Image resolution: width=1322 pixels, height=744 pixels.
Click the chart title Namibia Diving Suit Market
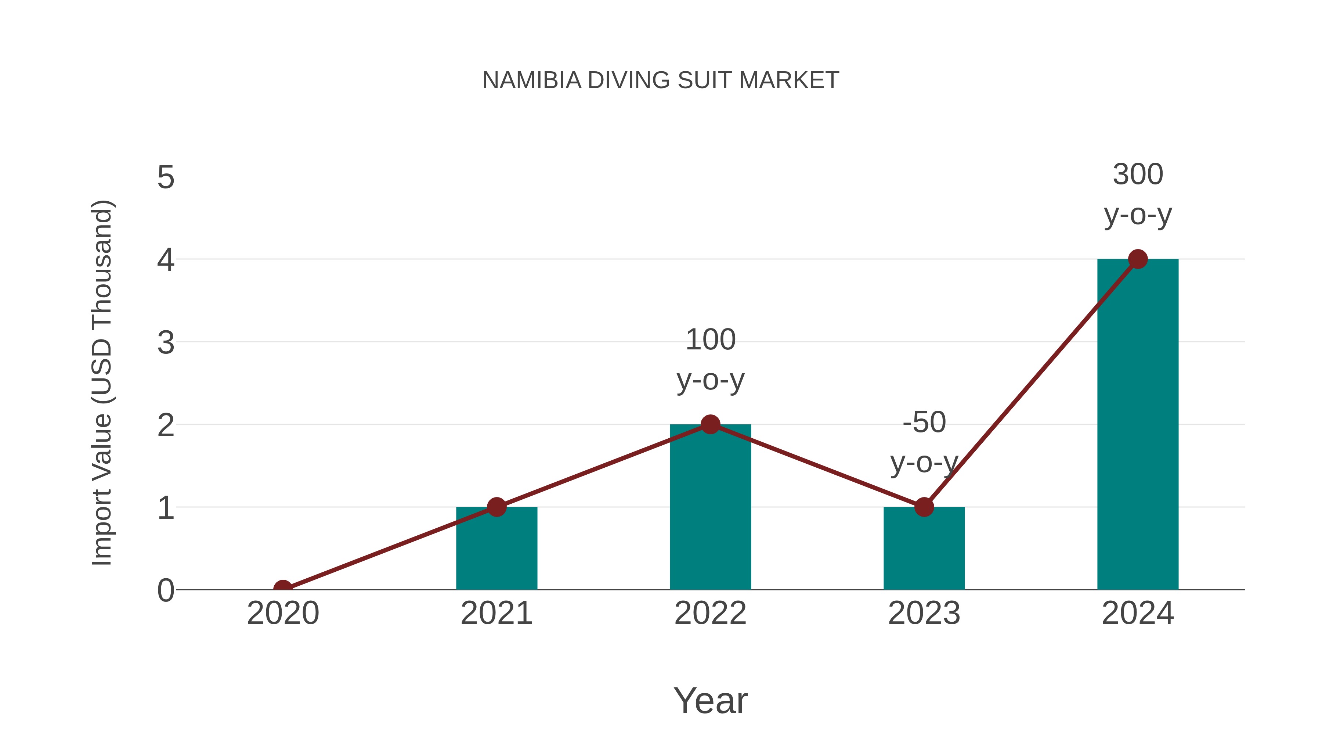[661, 80]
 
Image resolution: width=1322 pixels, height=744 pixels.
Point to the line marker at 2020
[283, 589]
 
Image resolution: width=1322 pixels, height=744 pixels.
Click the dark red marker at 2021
[496, 507]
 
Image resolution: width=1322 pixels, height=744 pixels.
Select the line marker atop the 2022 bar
[710, 425]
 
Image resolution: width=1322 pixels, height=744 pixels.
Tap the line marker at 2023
[924, 507]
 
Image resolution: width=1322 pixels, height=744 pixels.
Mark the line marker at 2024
[1138, 259]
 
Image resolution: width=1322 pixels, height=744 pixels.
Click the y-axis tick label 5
[166, 178]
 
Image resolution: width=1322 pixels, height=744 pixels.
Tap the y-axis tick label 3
[166, 342]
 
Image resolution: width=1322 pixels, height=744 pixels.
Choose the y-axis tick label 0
[166, 590]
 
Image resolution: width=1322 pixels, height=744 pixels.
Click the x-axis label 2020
[283, 614]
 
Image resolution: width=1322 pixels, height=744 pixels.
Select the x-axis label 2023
[924, 614]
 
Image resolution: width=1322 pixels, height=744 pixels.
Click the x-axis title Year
[710, 701]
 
